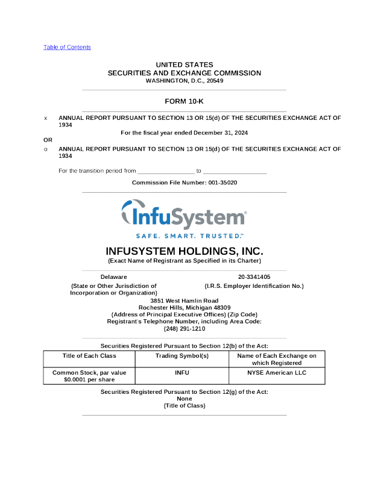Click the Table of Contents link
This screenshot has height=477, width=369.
click(67, 47)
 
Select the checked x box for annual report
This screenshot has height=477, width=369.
click(46, 118)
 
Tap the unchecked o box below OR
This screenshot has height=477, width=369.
click(46, 148)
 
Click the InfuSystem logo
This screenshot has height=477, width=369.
click(184, 213)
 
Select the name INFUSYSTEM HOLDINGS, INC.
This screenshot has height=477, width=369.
click(184, 251)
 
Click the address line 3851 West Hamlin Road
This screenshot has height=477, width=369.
click(184, 300)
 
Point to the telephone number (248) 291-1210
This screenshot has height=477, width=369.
click(184, 329)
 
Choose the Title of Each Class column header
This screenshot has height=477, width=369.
click(89, 356)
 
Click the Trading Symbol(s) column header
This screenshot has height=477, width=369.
click(182, 356)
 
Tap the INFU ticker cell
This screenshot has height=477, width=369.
click(182, 373)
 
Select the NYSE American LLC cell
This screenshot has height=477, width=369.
click(276, 373)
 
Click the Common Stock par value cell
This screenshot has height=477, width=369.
click(89, 376)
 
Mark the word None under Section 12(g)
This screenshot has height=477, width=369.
click(184, 399)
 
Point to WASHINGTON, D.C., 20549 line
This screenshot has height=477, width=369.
click(184, 81)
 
